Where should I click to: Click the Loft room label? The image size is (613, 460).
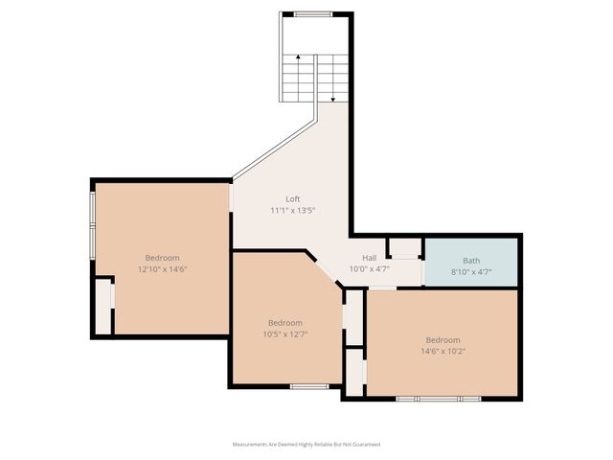[x=280, y=198]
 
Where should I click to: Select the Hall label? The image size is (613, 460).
[x=369, y=259]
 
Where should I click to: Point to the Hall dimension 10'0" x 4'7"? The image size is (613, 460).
[x=369, y=269]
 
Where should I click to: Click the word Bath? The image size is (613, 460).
[x=471, y=260]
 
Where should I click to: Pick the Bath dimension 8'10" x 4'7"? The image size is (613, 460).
[x=471, y=271]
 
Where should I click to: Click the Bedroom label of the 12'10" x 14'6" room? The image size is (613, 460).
[x=162, y=258]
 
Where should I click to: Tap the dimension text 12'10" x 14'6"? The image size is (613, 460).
[x=162, y=269]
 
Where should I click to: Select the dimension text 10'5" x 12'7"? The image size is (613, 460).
[x=285, y=333]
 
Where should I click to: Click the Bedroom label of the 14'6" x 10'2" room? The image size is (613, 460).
[x=443, y=340]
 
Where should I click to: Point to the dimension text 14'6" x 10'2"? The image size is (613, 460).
[x=443, y=351]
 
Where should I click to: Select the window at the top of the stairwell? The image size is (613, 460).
[x=312, y=13]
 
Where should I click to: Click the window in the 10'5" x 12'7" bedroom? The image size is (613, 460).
[x=309, y=386]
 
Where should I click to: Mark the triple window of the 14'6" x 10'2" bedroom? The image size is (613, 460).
[x=438, y=397]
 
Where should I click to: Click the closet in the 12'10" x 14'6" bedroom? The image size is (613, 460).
[x=102, y=306]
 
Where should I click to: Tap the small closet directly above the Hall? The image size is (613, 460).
[x=405, y=247]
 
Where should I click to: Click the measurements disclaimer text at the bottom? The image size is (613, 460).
[x=306, y=445]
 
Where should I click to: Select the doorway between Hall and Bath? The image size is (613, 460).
[x=422, y=271]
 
